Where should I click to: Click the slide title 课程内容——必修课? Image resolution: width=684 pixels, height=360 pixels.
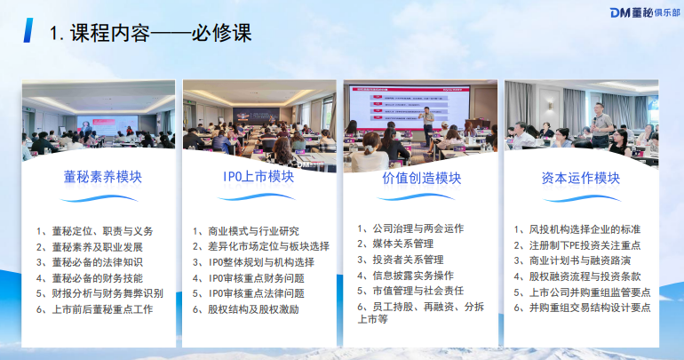pos(151,33)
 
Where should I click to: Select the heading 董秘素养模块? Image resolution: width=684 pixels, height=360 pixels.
pos(103,177)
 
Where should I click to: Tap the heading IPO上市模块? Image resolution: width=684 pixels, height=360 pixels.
pos(258,177)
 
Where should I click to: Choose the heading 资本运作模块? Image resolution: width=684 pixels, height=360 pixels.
pos(580,178)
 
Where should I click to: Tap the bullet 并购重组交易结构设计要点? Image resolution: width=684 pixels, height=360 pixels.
pos(589,308)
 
